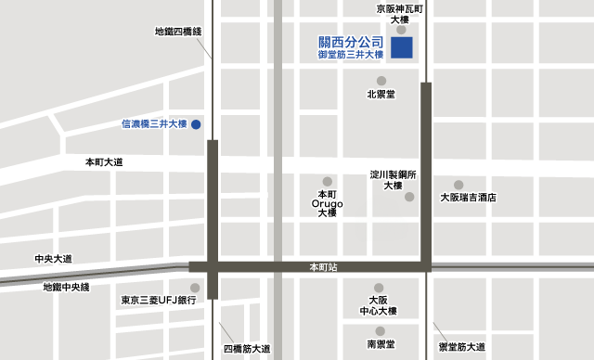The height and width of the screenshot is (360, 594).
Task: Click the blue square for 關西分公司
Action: click(x=402, y=48)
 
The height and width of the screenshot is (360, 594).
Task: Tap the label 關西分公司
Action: click(x=351, y=43)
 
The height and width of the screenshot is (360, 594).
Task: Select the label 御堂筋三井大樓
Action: click(x=351, y=56)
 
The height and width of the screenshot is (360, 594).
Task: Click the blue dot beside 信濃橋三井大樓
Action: click(x=196, y=123)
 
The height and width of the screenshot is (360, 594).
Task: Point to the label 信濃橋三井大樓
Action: click(x=155, y=123)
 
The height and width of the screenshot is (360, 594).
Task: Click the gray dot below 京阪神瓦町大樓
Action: click(x=400, y=30)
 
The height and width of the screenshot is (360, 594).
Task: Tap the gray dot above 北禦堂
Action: click(x=381, y=80)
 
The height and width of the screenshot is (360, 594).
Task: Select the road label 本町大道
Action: click(x=104, y=162)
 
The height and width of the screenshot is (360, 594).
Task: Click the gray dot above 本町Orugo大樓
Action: click(x=327, y=181)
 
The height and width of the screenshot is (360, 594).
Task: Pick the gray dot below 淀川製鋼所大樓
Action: click(x=409, y=197)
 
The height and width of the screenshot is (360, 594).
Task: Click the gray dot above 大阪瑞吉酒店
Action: click(x=458, y=184)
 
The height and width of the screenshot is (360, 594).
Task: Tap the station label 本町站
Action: click(x=323, y=266)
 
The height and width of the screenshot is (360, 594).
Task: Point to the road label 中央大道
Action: click(x=53, y=259)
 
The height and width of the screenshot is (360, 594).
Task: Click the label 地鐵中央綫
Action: click(x=66, y=287)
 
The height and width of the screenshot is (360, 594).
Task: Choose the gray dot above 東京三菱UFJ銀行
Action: click(x=194, y=288)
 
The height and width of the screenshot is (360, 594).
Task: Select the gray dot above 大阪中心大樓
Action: click(x=378, y=288)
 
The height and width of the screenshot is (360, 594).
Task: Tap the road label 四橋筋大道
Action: click(x=247, y=349)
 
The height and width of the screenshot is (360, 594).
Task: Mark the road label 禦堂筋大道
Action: click(x=461, y=347)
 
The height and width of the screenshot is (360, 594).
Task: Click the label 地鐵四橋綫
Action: click(x=178, y=32)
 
